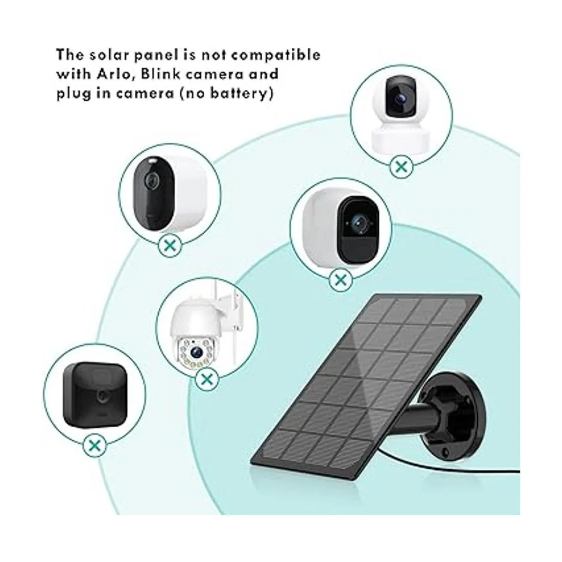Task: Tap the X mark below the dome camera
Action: (x=207, y=379)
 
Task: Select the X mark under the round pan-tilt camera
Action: (x=401, y=167)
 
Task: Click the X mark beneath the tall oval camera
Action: (x=170, y=246)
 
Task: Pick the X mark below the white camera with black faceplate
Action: (x=340, y=281)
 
